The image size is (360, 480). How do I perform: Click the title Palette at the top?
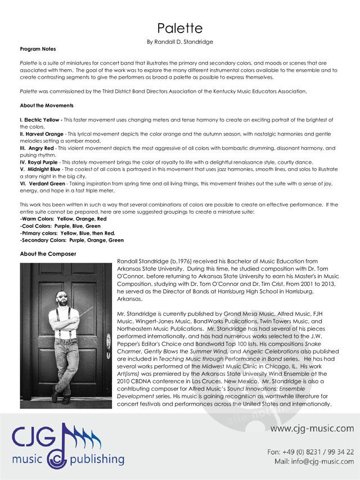[179, 28]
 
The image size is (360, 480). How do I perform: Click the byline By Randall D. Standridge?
[179, 42]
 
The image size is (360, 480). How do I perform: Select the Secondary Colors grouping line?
[71, 240]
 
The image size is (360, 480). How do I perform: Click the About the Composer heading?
[48, 254]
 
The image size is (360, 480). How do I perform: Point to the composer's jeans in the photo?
[66, 360]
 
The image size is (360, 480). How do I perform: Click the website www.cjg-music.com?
[312, 429]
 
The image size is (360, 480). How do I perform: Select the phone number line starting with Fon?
[310, 451]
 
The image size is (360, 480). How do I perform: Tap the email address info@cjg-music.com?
[322, 461]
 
